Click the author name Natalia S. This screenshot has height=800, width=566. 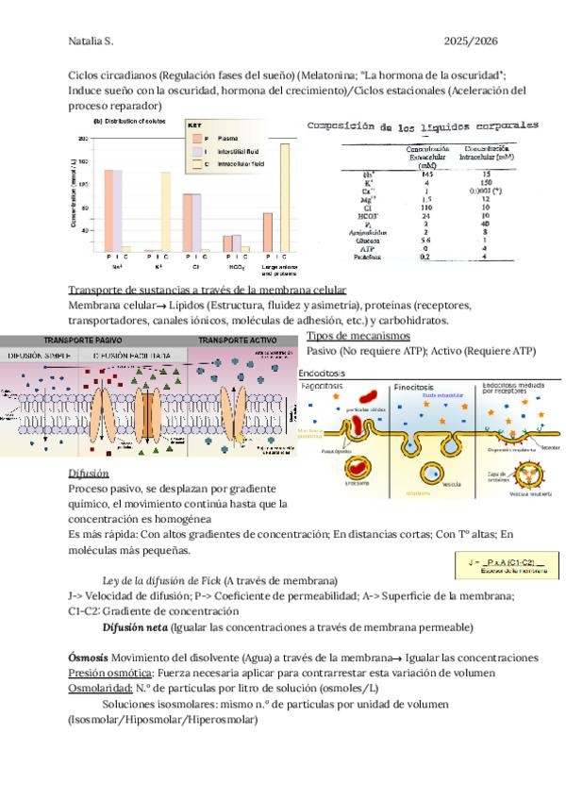91,42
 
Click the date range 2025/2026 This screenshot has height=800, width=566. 471,42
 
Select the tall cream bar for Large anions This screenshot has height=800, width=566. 284,196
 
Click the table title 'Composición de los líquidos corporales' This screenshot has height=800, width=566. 424,125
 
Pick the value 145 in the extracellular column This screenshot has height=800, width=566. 426,174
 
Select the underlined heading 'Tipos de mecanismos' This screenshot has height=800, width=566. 358,335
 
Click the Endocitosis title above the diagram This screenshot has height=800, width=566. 322,373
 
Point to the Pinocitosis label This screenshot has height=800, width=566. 413,387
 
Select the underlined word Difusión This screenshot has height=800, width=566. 89,473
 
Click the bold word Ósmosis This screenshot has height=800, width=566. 88,657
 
